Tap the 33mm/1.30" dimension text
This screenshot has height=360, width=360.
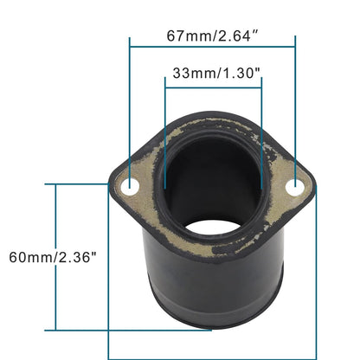(x=212, y=74)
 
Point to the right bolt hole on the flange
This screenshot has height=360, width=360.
(x=295, y=185)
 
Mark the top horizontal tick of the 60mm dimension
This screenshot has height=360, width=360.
(x=82, y=184)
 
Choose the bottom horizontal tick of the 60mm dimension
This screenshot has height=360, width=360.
(x=82, y=330)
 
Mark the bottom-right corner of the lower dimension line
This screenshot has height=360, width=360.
(x=316, y=357)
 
